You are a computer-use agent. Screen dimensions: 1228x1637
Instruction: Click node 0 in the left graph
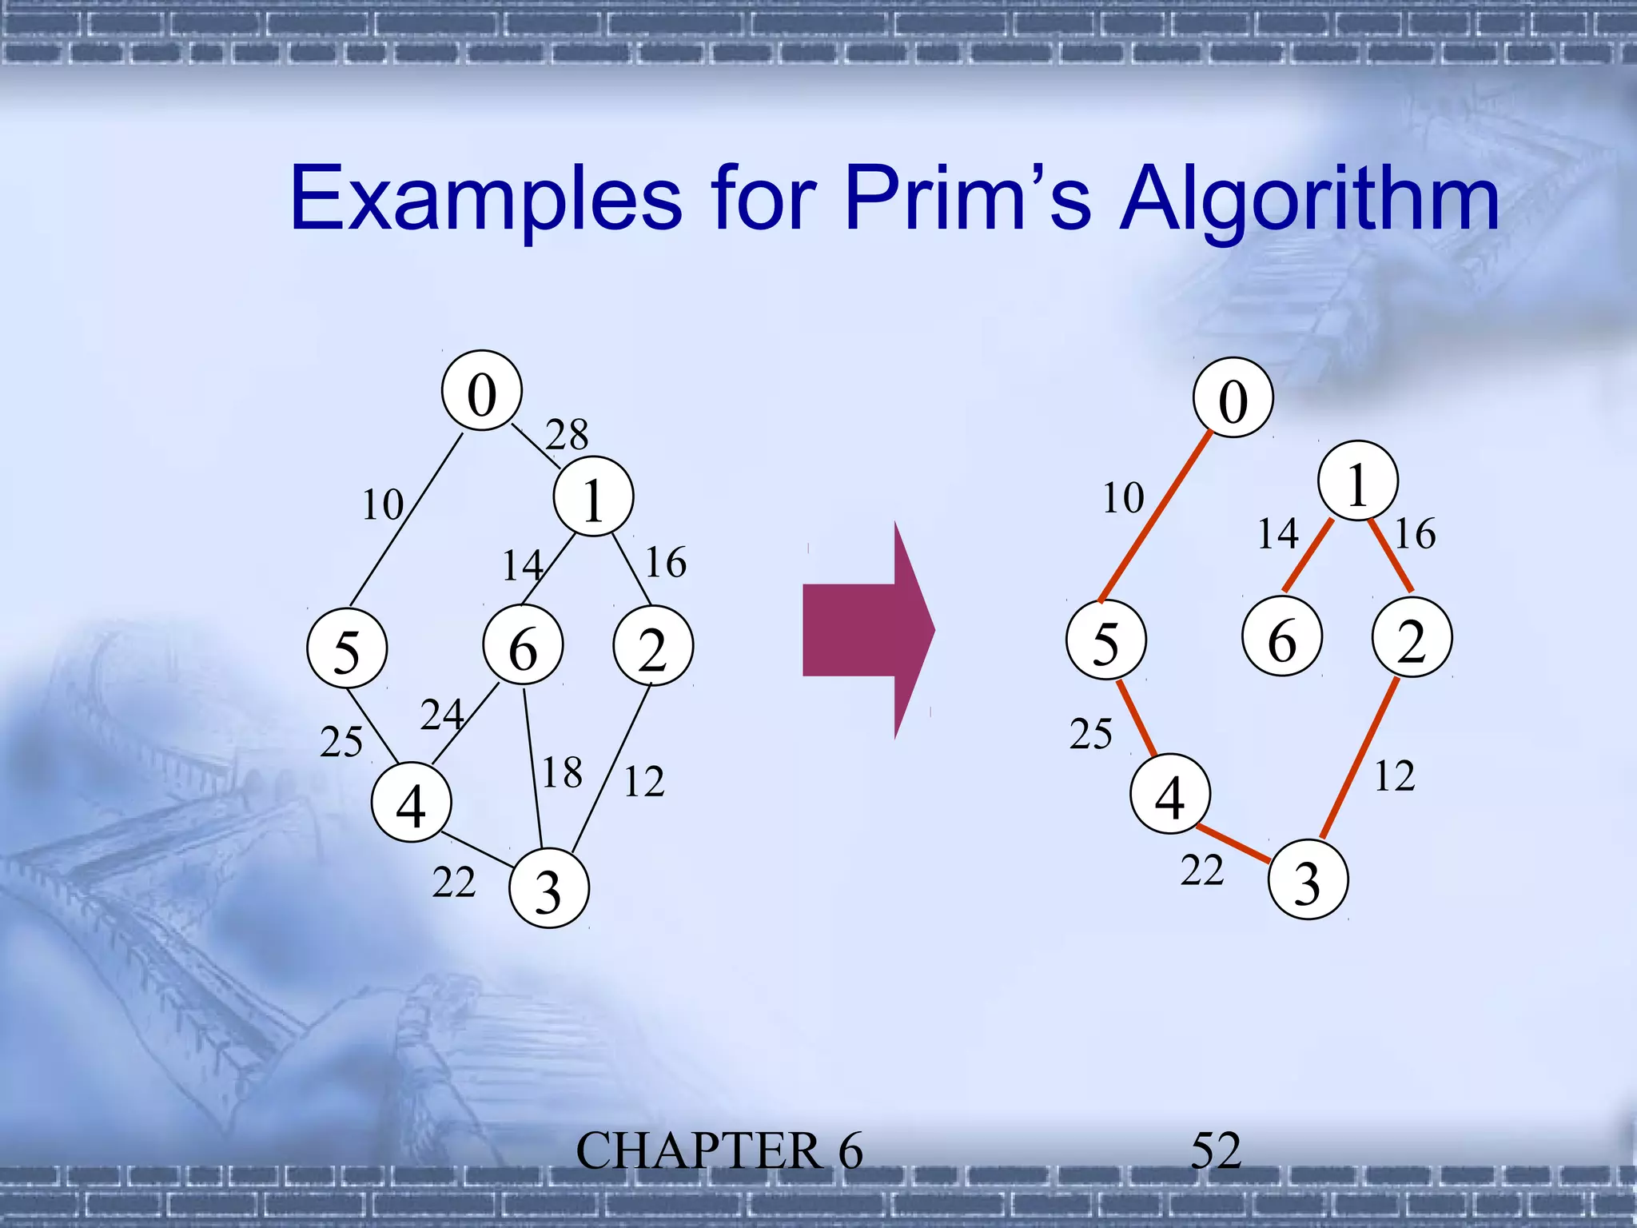[x=482, y=391]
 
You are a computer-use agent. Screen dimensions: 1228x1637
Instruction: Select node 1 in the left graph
[x=594, y=496]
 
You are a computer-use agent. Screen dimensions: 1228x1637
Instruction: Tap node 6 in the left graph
[x=523, y=645]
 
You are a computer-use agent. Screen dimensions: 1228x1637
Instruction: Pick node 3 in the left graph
[x=549, y=888]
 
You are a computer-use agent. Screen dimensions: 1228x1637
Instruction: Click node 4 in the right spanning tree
[x=1170, y=794]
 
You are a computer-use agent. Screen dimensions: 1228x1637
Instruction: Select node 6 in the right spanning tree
[x=1282, y=637]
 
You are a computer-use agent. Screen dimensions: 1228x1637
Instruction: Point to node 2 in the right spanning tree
[x=1412, y=637]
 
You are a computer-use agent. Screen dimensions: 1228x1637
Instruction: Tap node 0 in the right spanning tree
[x=1233, y=397]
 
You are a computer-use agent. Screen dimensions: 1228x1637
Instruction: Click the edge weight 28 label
[x=567, y=435]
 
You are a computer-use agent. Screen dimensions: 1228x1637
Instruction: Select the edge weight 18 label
[x=562, y=773]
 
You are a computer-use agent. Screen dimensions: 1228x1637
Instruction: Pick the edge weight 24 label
[x=442, y=715]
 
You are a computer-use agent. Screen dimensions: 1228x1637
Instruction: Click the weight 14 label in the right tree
[x=1278, y=534]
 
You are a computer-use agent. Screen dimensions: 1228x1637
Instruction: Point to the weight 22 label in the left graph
[x=454, y=883]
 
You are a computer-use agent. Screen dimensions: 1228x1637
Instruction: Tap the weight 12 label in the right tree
[x=1395, y=776]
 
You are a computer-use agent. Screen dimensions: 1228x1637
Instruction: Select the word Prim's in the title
[x=968, y=198]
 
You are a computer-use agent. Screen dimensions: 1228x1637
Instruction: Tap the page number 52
[x=1216, y=1151]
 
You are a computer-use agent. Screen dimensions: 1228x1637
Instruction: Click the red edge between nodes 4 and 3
[x=1233, y=843]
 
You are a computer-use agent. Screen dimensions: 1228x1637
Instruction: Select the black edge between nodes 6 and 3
[x=533, y=767]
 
